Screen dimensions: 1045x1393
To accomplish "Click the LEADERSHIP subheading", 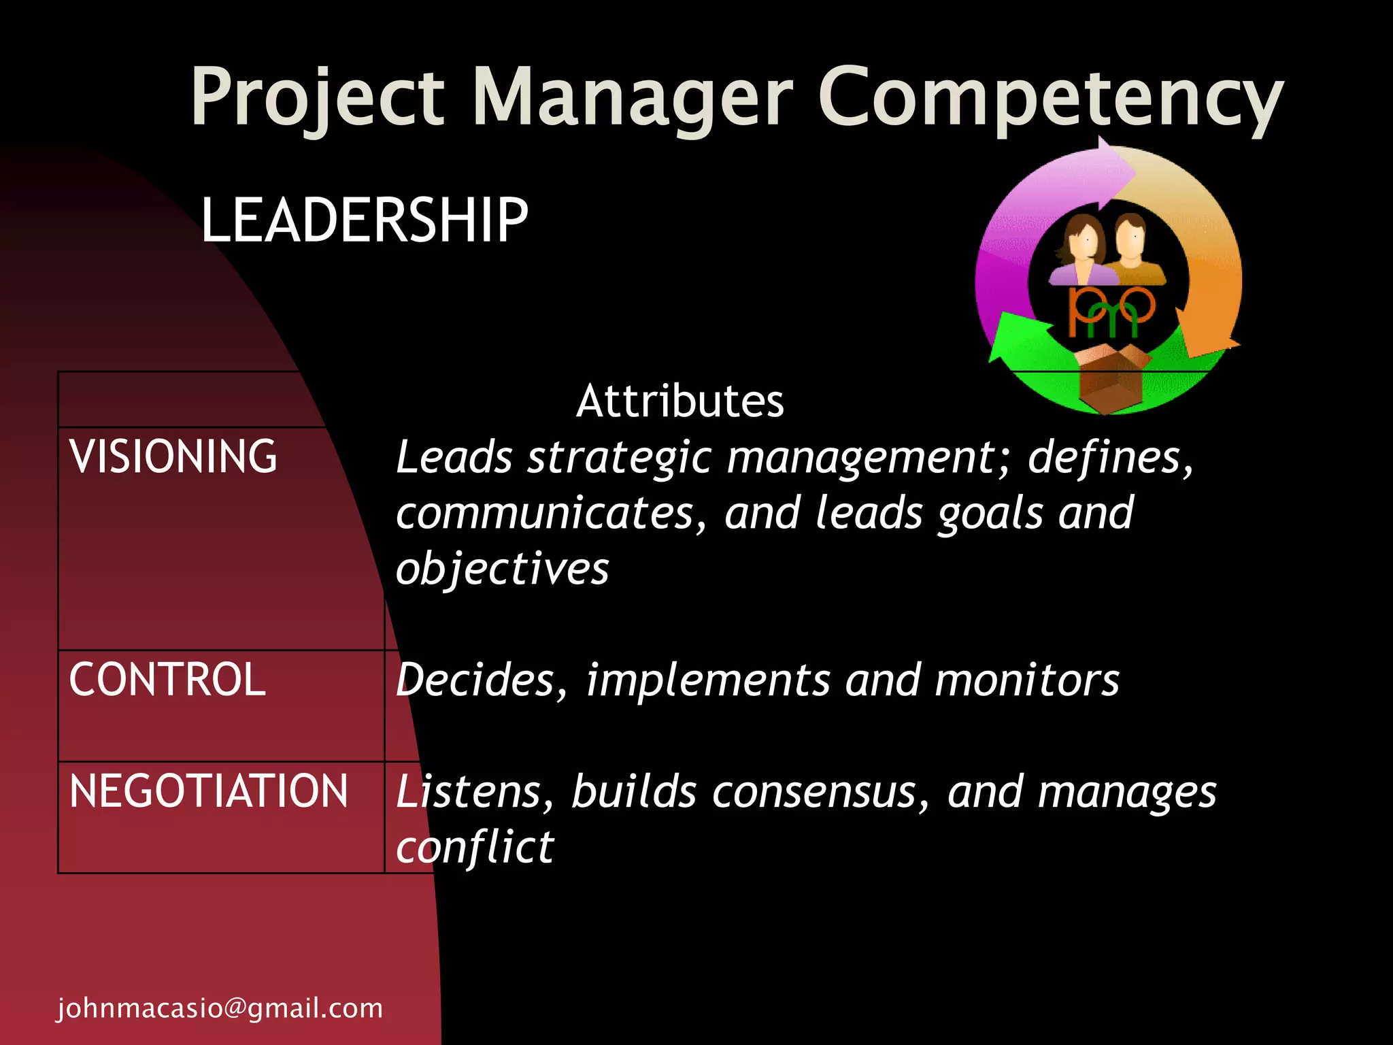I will click(x=365, y=219).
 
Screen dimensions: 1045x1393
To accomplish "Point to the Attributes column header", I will click(x=680, y=401).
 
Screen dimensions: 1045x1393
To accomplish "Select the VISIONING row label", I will click(x=173, y=456).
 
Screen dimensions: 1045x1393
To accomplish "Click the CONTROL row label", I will click(x=167, y=679).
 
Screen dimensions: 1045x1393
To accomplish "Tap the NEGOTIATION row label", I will click(x=208, y=791).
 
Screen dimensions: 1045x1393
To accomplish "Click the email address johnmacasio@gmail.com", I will click(x=220, y=1008).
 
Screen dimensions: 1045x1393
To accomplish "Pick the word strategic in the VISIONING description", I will click(x=620, y=457).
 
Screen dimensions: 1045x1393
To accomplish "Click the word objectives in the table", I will click(x=502, y=569).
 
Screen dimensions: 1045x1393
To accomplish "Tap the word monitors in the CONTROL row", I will click(x=1026, y=680).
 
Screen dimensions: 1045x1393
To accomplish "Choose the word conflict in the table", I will click(x=475, y=848).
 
